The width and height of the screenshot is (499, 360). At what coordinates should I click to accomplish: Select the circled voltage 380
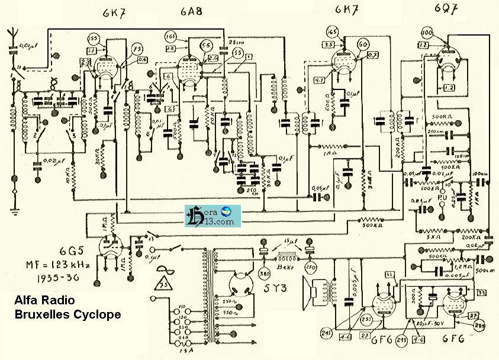point(263,274)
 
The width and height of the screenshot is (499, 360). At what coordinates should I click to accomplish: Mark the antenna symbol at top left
point(13,36)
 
